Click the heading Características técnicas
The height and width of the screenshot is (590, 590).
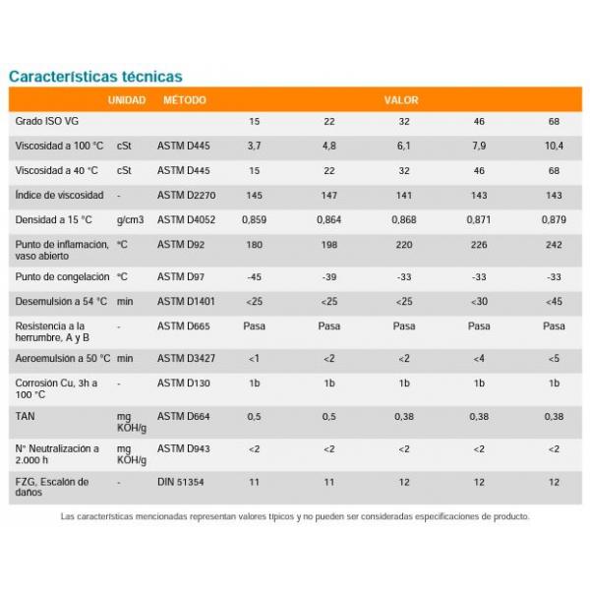(95, 77)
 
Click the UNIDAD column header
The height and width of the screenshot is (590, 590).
(127, 100)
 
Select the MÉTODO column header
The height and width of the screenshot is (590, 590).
(185, 100)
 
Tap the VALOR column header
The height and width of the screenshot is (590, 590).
(401, 100)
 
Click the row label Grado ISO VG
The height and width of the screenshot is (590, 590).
(47, 121)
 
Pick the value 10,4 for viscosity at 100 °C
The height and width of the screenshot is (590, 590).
(554, 146)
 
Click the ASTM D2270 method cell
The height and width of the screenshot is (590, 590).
(186, 196)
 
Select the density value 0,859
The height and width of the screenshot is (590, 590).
(254, 219)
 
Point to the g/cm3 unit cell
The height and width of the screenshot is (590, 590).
(130, 220)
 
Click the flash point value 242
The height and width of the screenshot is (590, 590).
(554, 245)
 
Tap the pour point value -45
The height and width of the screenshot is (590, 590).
(254, 277)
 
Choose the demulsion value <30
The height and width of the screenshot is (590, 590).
(479, 302)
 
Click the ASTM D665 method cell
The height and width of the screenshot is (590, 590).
(184, 326)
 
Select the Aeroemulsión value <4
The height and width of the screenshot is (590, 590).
(479, 359)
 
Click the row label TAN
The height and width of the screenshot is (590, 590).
(25, 416)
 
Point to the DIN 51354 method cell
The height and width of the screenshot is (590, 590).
(181, 482)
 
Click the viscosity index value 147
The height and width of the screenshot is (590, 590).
(328, 196)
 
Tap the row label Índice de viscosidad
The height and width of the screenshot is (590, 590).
(59, 195)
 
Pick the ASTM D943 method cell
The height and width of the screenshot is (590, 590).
(184, 448)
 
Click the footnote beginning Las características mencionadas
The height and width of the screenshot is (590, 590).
(295, 516)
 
